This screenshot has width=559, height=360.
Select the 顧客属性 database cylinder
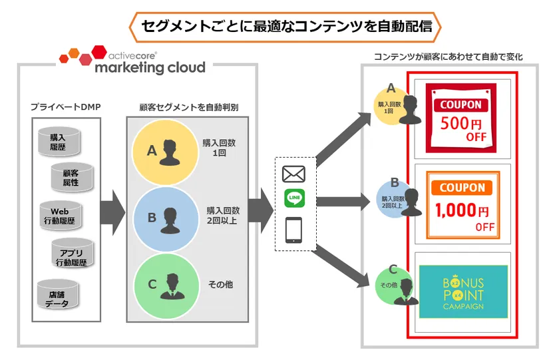pos(70,176)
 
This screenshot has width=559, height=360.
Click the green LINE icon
pos(293,198)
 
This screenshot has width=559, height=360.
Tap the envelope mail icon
pos(293,174)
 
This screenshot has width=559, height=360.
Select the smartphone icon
pos(293,230)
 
